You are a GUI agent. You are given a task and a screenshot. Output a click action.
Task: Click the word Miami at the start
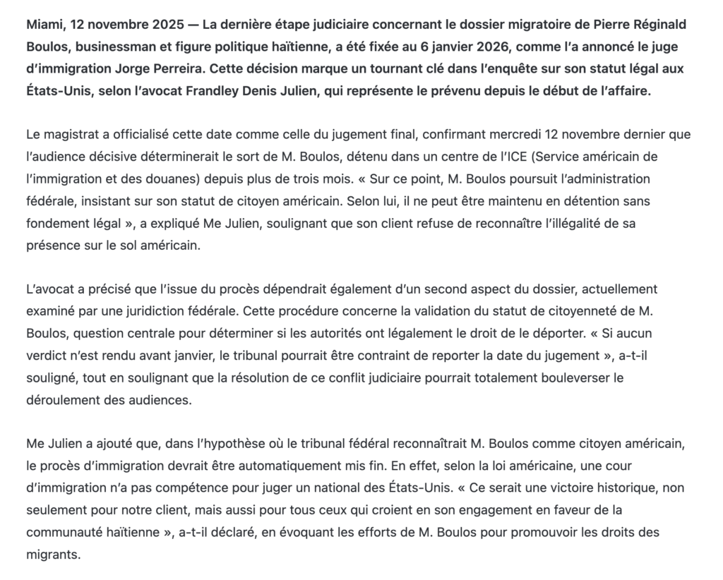click(x=42, y=25)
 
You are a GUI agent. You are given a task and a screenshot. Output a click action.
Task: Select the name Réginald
click(x=655, y=25)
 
